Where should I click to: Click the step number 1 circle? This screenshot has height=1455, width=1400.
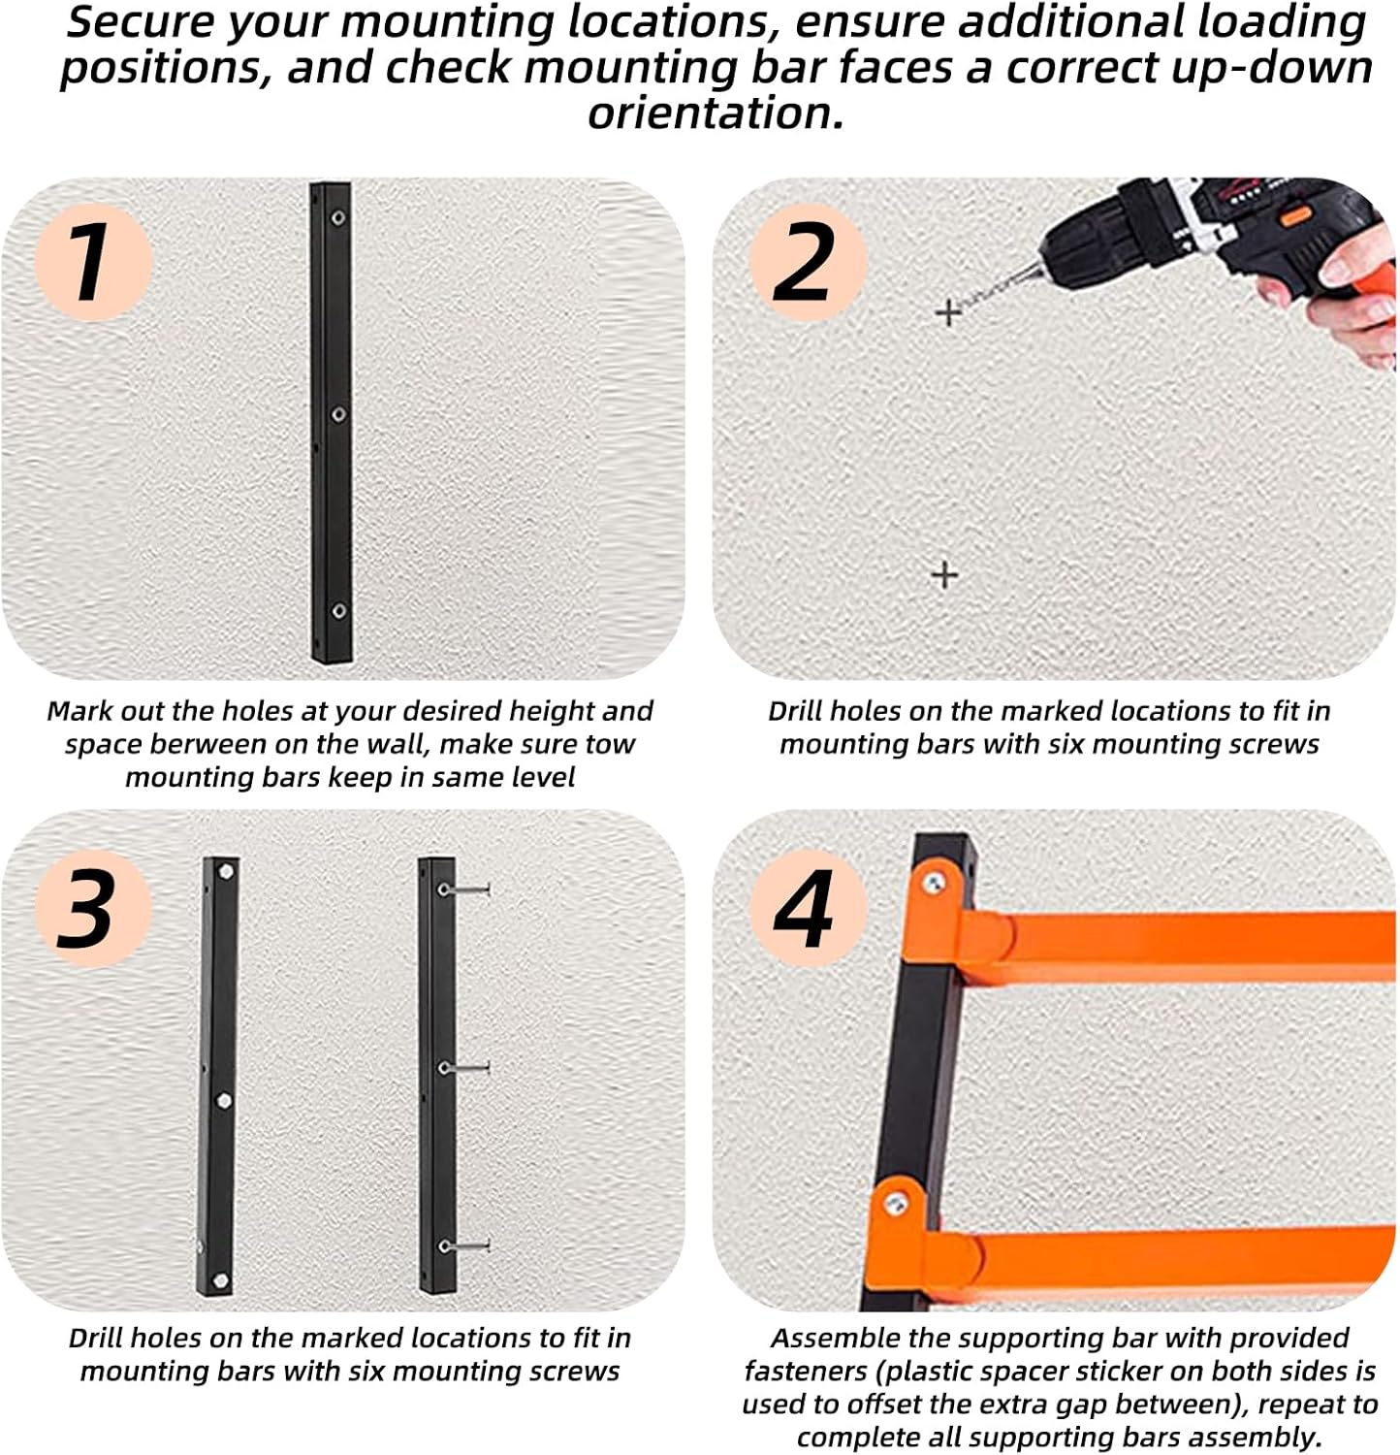94,262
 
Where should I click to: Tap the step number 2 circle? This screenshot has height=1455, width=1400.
808,262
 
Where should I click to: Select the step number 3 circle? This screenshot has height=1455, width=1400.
94,908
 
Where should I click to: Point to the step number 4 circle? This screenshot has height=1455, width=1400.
808,908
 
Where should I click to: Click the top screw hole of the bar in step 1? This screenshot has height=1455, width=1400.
338,217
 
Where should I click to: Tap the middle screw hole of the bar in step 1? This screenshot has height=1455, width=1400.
338,414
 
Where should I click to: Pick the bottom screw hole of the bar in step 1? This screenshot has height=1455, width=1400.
338,610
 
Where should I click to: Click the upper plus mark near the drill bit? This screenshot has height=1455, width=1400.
947,312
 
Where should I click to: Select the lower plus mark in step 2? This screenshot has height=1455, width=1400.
944,575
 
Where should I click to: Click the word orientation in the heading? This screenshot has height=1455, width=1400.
716,113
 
